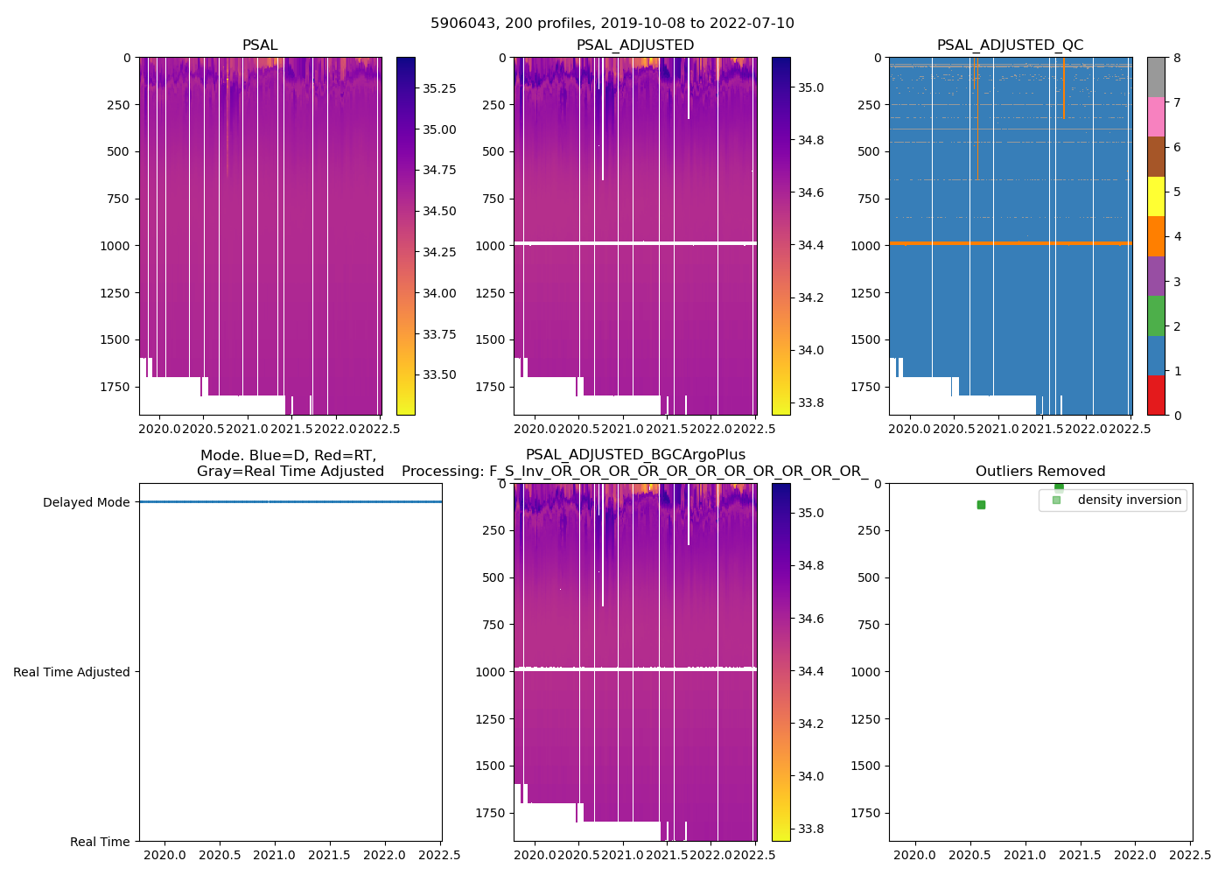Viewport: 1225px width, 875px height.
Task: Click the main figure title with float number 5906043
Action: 612,24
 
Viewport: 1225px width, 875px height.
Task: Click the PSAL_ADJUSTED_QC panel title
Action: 1010,45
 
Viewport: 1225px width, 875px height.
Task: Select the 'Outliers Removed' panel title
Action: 1040,472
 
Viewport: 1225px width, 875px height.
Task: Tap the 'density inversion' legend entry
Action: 1129,500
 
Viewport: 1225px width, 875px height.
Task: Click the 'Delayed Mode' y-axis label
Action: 86,502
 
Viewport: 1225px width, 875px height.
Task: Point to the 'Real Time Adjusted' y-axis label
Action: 72,672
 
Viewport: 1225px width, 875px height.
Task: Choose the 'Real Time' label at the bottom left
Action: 100,842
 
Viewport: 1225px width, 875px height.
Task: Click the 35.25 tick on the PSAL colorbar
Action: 439,88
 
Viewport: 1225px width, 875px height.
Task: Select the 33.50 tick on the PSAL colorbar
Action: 439,374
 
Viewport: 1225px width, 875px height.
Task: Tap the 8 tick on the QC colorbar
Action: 1177,58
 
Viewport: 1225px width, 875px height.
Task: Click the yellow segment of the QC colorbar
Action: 1156,197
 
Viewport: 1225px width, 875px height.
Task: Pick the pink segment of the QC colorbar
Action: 1156,117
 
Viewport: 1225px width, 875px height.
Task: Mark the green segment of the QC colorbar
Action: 1156,316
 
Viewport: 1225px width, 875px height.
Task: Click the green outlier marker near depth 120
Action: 981,505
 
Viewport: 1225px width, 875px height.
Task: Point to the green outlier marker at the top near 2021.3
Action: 1059,486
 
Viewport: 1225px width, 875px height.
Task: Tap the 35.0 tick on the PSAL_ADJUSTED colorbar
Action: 811,87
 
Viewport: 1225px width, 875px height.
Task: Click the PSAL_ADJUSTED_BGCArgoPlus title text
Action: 635,455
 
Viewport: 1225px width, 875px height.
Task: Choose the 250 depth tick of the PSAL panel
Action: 117,105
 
